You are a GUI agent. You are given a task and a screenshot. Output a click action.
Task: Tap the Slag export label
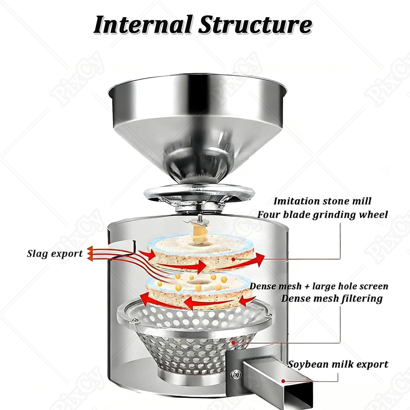[55, 254]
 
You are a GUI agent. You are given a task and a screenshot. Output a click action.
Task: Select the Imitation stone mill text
[322, 201]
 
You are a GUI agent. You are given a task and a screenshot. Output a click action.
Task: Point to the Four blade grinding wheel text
[322, 214]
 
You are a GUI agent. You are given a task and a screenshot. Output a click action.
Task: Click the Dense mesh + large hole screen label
[319, 286]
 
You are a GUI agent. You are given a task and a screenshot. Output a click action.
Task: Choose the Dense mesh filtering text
[332, 299]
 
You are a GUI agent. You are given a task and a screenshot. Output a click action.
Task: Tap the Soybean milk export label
[338, 364]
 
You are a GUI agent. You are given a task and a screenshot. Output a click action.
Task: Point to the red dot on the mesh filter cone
[233, 342]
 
